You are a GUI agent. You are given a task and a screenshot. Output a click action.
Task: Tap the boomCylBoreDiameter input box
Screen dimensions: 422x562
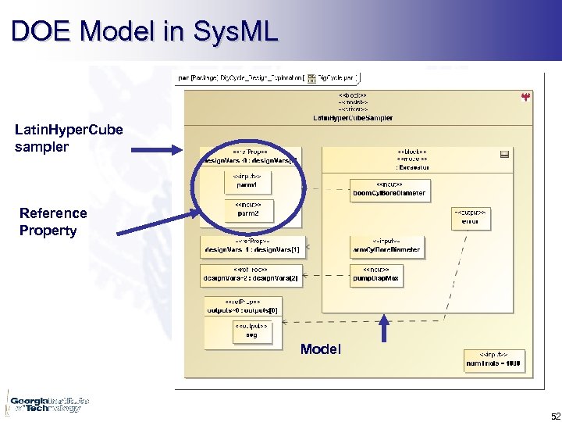(389, 189)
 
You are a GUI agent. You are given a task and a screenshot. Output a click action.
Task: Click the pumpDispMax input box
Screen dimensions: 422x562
(377, 274)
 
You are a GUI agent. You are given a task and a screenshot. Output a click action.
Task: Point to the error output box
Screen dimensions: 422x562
(470, 217)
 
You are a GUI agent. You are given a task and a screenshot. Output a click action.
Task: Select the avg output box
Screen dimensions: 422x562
(251, 331)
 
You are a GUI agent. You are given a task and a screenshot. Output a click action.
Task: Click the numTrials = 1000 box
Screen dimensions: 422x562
(493, 360)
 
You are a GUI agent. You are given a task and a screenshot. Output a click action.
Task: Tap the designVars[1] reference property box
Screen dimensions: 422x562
(252, 247)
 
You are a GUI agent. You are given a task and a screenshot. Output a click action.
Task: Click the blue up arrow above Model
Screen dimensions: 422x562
(383, 328)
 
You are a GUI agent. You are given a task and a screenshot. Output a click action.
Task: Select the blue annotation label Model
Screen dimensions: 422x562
(320, 349)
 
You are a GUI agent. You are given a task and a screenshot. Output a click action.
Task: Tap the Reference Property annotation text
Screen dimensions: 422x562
(53, 221)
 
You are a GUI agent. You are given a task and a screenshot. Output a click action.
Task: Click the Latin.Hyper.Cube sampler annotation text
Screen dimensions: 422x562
(69, 138)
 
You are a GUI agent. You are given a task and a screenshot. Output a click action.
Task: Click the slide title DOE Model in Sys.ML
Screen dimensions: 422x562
(144, 31)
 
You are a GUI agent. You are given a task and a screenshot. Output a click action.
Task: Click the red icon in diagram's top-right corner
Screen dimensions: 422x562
(525, 97)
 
